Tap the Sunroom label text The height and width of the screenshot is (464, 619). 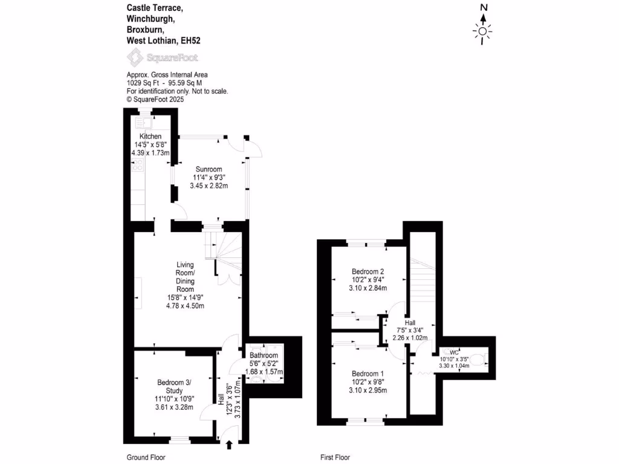pyautogui.click(x=209, y=169)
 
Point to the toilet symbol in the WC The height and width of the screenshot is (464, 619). pyautogui.click(x=479, y=362)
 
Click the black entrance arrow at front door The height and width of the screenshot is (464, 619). pyautogui.click(x=229, y=445)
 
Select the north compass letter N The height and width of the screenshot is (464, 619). pyautogui.click(x=483, y=8)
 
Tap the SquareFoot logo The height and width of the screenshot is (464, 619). pyautogui.click(x=161, y=58)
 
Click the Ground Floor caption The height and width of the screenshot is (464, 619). pyautogui.click(x=145, y=457)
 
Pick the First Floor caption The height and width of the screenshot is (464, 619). pyautogui.click(x=334, y=457)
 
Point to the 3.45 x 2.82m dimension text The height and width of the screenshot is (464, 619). pyautogui.click(x=209, y=185)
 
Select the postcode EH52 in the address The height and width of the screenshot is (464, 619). pyautogui.click(x=189, y=40)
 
